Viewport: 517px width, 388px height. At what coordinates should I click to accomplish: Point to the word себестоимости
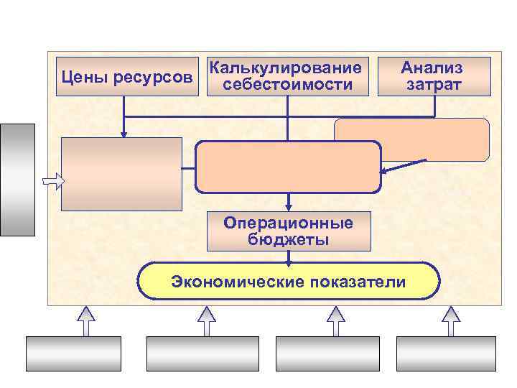pos(287,85)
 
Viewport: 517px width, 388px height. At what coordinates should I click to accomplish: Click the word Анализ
pos(432,68)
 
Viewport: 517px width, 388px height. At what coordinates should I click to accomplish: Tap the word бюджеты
pos(288,239)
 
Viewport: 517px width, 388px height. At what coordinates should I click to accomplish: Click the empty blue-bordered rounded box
pos(287,167)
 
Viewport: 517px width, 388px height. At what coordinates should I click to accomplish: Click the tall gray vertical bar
pos(18,180)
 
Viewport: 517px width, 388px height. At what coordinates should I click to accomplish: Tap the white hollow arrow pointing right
pos(52,180)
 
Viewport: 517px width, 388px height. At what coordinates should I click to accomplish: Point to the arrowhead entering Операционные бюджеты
pos(288,206)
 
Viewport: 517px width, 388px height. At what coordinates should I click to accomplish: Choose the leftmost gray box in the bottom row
pos(73,354)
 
